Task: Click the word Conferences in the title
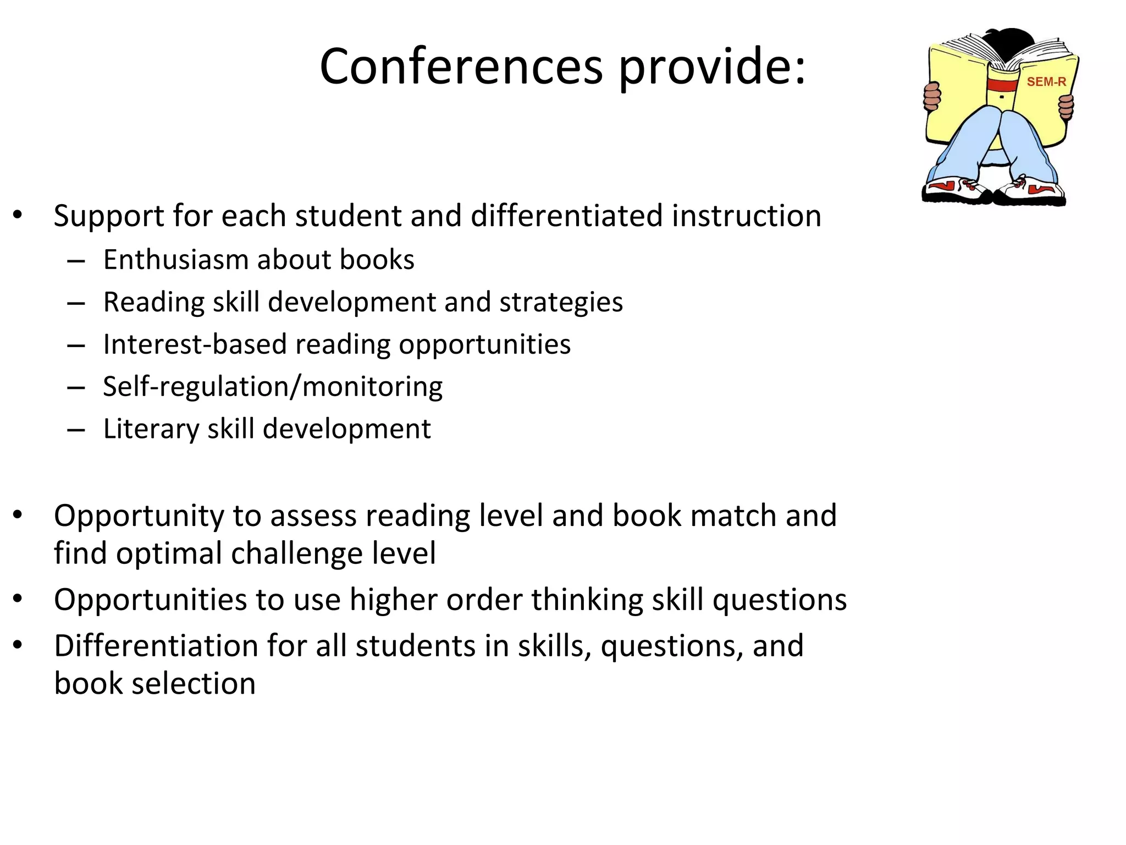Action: pyautogui.click(x=461, y=67)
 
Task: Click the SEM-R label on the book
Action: pyautogui.click(x=1046, y=82)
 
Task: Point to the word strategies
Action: pyautogui.click(x=561, y=303)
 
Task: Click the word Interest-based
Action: pyautogui.click(x=195, y=345)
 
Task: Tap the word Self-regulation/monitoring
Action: pyautogui.click(x=273, y=387)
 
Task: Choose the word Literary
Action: pyautogui.click(x=151, y=430)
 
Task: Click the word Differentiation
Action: pyautogui.click(x=156, y=646)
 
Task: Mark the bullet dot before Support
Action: pyautogui.click(x=18, y=215)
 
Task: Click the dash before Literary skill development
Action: pyautogui.click(x=76, y=430)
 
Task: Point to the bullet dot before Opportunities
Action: pyautogui.click(x=18, y=599)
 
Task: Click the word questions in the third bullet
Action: pyautogui.click(x=780, y=600)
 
